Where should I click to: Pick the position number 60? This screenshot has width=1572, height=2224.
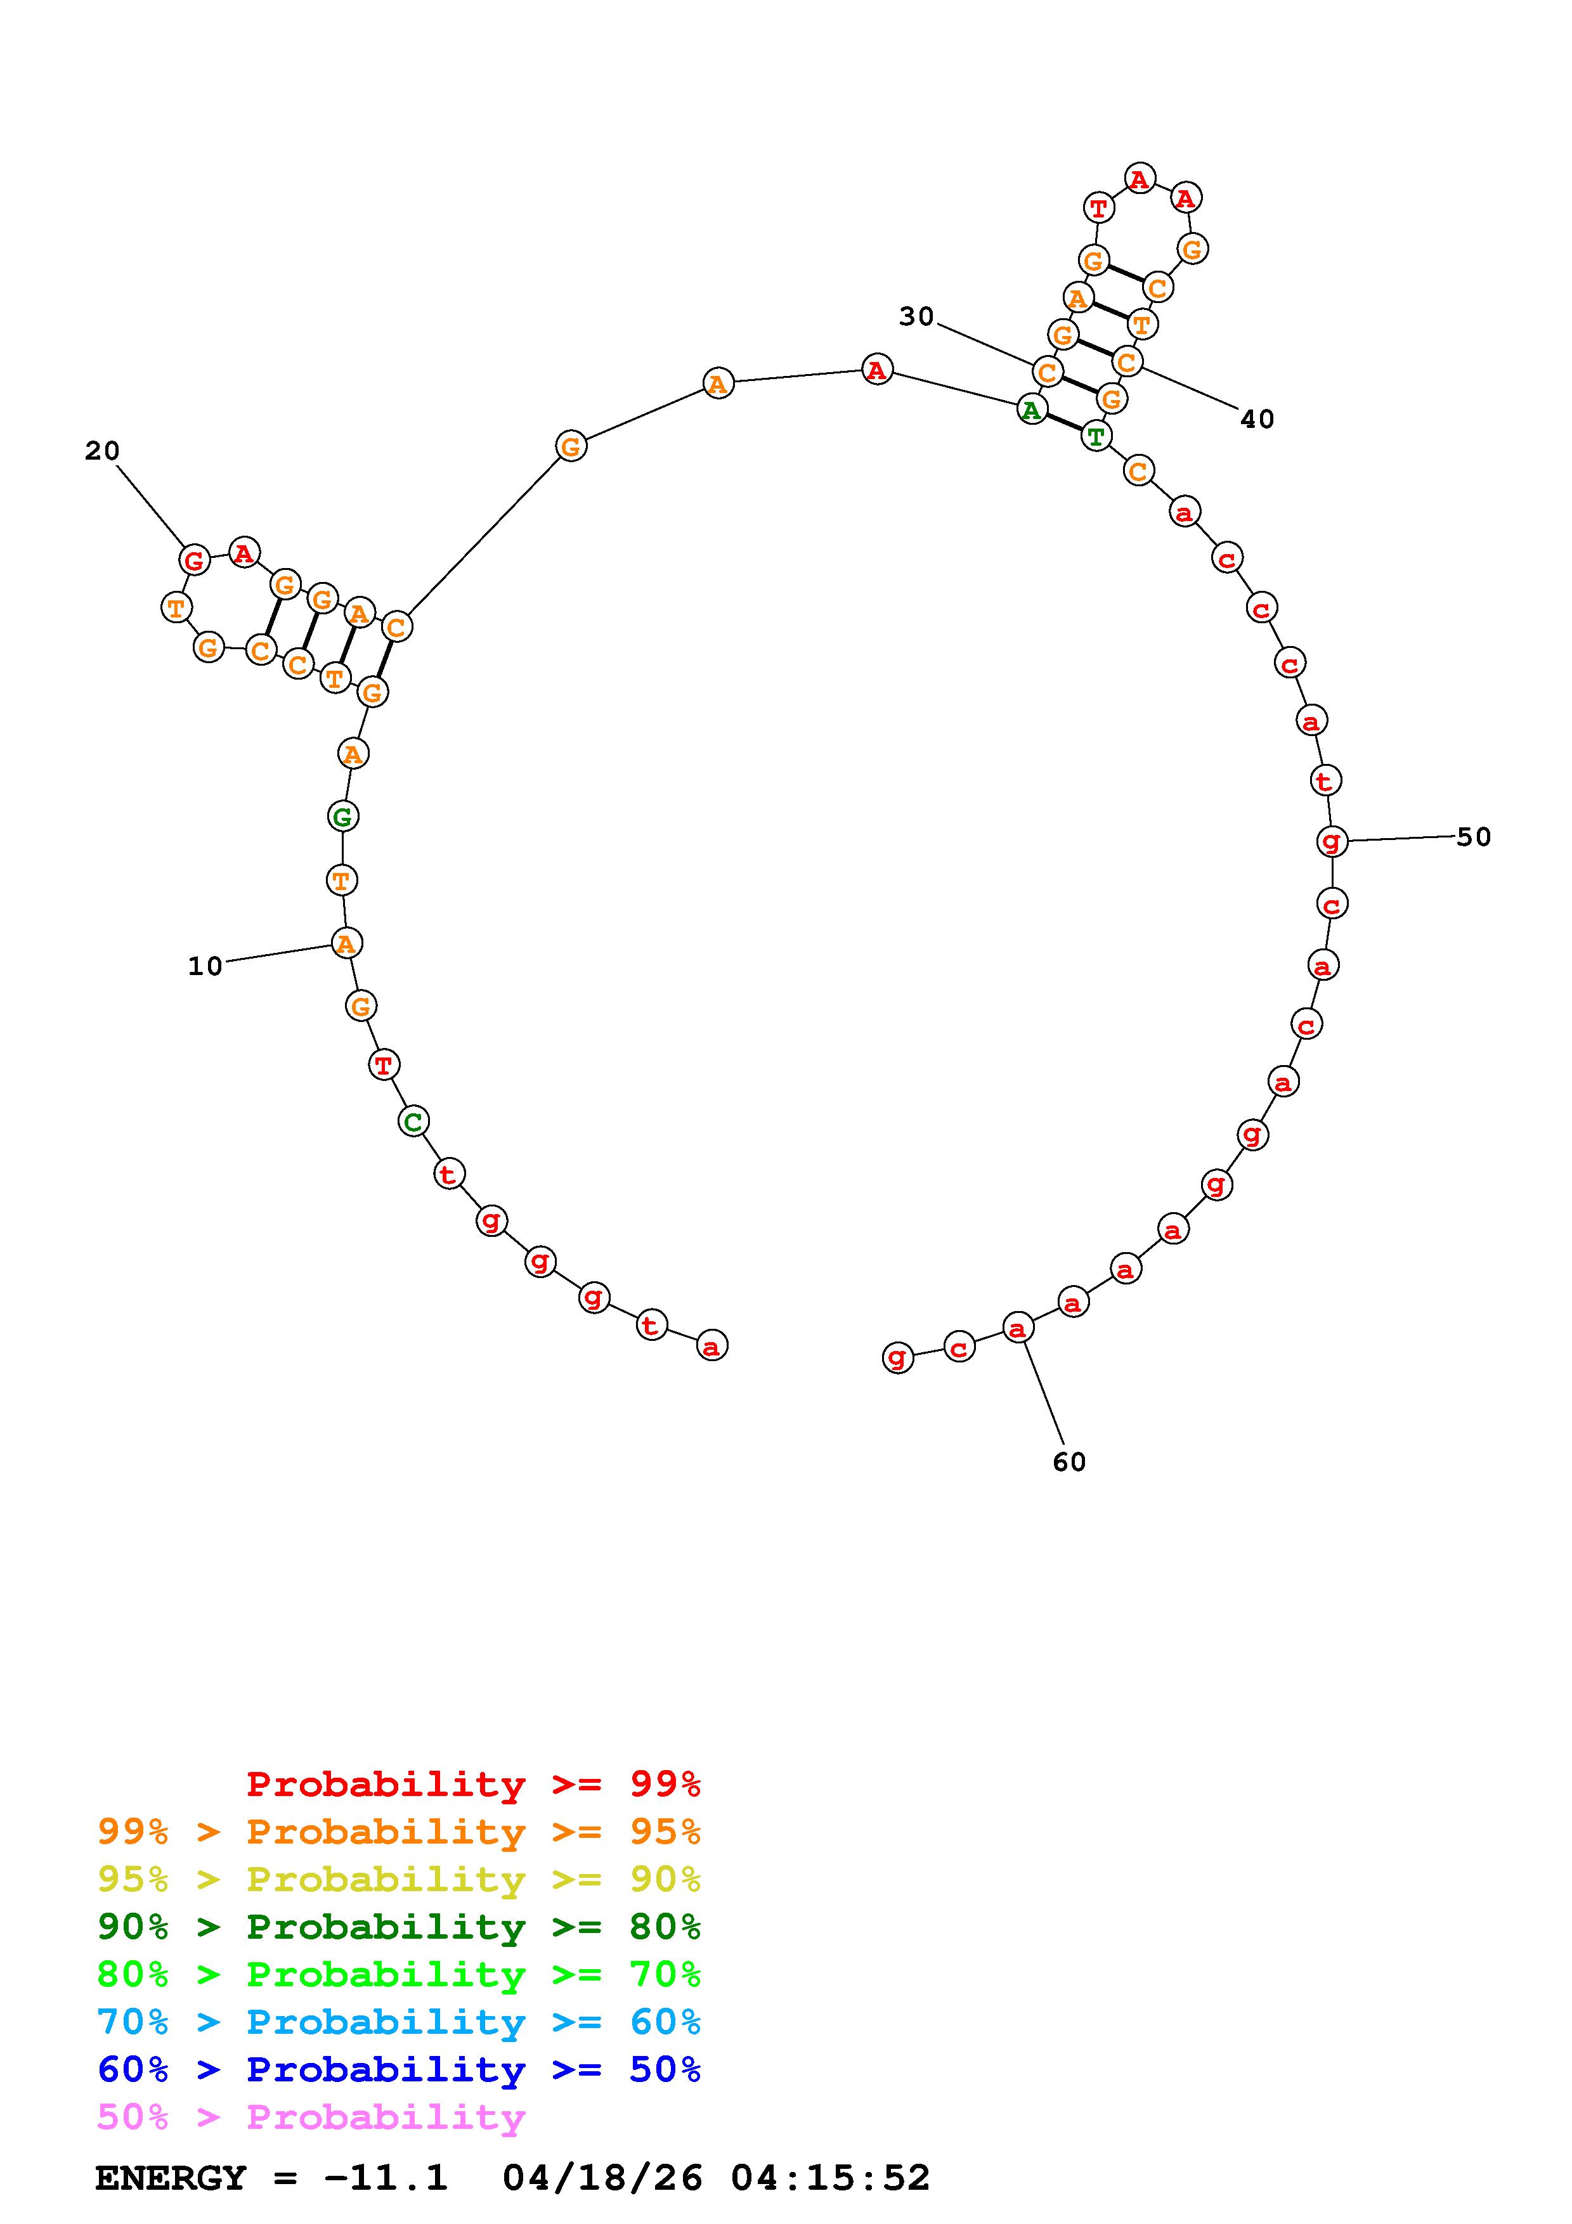click(x=1069, y=1462)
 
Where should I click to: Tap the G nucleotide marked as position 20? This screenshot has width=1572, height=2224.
click(x=195, y=560)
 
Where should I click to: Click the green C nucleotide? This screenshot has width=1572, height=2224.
click(x=413, y=1122)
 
